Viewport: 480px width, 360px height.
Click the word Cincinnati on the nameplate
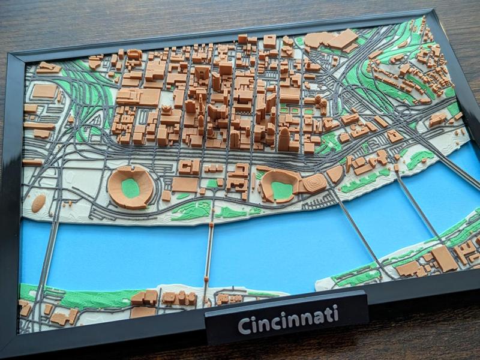pos(287,320)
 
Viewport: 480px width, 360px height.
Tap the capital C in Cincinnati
pos(244,326)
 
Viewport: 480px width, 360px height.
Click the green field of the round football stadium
pos(130,187)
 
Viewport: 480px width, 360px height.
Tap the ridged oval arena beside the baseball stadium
pos(314,182)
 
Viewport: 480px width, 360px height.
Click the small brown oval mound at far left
pos(38,203)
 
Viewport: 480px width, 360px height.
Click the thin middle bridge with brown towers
pos(209,252)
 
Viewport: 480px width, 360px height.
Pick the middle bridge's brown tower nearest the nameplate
pos(205,281)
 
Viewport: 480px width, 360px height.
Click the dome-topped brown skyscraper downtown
pos(284,138)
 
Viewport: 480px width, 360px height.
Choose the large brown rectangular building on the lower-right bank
pos(444,258)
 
